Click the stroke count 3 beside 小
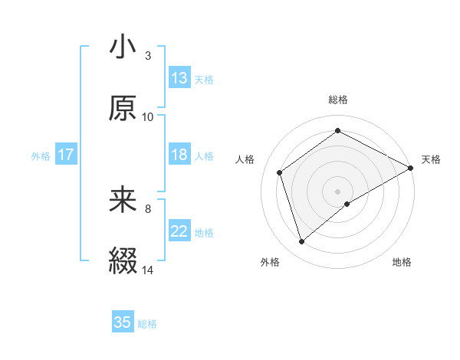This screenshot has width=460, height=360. point(147,56)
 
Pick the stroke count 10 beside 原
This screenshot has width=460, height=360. point(148,116)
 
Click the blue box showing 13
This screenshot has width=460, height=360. point(179,78)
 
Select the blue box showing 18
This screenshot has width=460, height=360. point(179,155)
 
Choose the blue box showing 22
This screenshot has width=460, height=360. point(179,231)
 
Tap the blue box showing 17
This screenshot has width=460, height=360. point(66,155)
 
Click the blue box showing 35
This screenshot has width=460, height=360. point(123,322)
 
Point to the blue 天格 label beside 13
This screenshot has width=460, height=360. point(204,79)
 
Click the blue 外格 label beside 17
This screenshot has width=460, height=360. point(41,155)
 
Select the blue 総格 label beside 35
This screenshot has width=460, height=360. point(147,323)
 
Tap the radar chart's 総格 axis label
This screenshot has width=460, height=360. point(338,100)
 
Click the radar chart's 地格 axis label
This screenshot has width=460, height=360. point(402,263)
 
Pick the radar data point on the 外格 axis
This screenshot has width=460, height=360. point(302,242)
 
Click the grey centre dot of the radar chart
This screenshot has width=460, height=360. point(338,191)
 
